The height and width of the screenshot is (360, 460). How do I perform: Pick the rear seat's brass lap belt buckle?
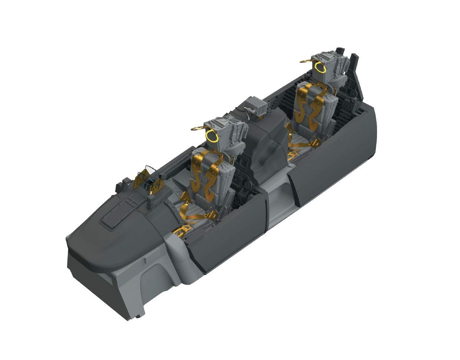pos(316,142)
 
